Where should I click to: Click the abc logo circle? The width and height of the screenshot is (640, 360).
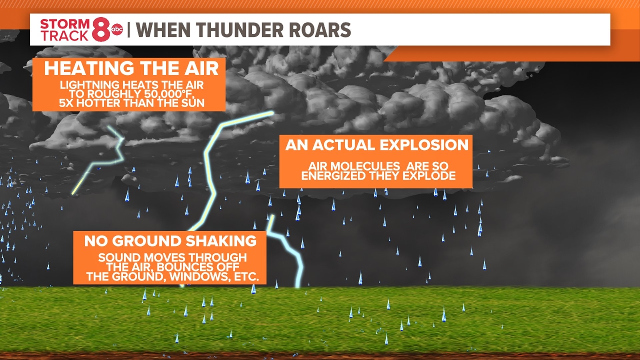(x=117, y=30)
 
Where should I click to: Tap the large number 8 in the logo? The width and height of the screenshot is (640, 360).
(x=101, y=30)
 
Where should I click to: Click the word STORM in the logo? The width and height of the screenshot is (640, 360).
(x=65, y=24)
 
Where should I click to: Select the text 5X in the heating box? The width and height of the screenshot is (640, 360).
(x=66, y=103)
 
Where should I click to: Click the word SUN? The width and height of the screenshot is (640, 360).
(x=193, y=103)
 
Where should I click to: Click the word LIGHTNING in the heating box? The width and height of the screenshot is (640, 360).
(x=89, y=85)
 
